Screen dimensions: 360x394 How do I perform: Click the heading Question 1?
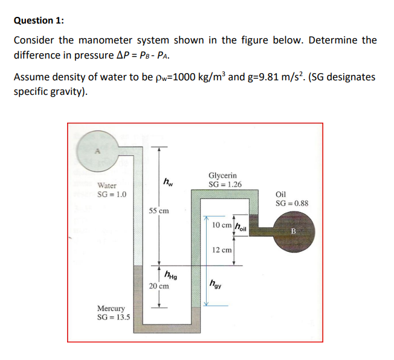38,20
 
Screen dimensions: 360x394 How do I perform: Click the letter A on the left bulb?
94,152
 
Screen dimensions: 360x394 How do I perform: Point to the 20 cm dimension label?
158,287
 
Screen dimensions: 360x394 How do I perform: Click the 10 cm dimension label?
222,225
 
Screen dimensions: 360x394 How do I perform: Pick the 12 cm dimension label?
222,250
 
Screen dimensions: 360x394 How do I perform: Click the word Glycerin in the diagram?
222,175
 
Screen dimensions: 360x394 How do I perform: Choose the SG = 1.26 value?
225,184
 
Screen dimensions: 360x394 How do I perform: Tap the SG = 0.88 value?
292,203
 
